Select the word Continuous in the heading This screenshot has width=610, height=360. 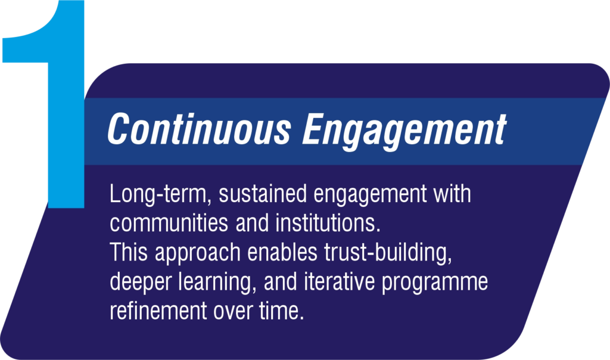point(199,129)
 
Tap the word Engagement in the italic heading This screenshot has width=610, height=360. point(404,132)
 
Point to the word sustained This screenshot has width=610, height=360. point(263,194)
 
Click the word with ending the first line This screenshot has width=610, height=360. point(453,194)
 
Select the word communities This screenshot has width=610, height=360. point(169,223)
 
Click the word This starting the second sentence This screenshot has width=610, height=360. point(129,252)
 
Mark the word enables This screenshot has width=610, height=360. point(282,252)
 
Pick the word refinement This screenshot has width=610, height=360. point(158,311)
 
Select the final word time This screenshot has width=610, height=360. point(282,311)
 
